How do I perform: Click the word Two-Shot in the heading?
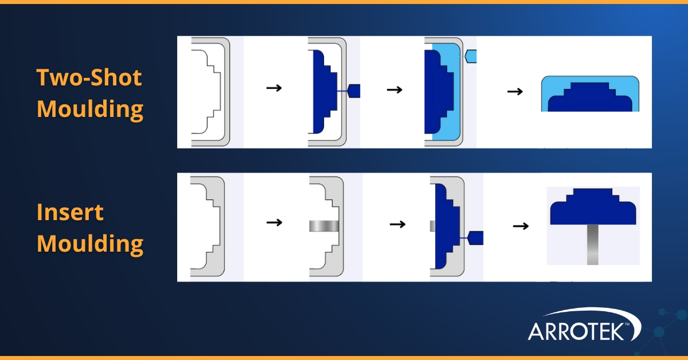89,77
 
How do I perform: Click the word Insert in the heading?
70,213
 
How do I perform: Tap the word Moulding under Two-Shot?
90,109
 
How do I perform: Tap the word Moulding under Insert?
90,244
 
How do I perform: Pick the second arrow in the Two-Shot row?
394,90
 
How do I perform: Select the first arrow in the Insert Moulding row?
275,222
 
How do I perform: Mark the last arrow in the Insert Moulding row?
520,226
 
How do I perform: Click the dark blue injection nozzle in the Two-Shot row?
354,91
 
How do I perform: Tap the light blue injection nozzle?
470,56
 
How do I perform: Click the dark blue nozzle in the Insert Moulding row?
476,237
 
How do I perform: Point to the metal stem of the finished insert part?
593,244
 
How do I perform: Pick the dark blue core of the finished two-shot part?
590,100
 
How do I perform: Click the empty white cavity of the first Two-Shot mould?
204,92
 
